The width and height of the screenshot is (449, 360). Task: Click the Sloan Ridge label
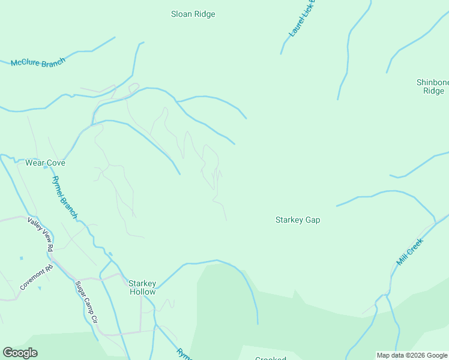(193, 14)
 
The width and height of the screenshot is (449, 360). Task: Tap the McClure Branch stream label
(37, 62)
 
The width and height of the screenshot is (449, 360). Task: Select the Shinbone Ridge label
(433, 86)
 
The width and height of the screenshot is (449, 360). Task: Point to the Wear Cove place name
(45, 163)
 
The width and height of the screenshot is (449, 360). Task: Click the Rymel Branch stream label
(64, 197)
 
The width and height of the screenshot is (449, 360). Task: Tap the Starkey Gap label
(297, 220)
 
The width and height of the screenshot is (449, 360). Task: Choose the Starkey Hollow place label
(143, 287)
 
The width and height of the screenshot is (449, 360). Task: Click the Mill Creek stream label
(410, 252)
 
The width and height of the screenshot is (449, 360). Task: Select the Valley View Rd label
(40, 234)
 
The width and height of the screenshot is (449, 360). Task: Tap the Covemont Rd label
(37, 277)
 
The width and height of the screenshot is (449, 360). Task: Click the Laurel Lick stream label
(302, 20)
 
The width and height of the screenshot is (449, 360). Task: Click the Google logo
(20, 353)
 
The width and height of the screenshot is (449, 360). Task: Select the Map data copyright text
(412, 355)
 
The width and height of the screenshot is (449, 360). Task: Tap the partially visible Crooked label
(270, 358)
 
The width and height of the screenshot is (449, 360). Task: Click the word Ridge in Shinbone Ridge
(433, 91)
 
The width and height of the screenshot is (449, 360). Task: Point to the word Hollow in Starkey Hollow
(143, 292)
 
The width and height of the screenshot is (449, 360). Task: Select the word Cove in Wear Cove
(55, 163)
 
